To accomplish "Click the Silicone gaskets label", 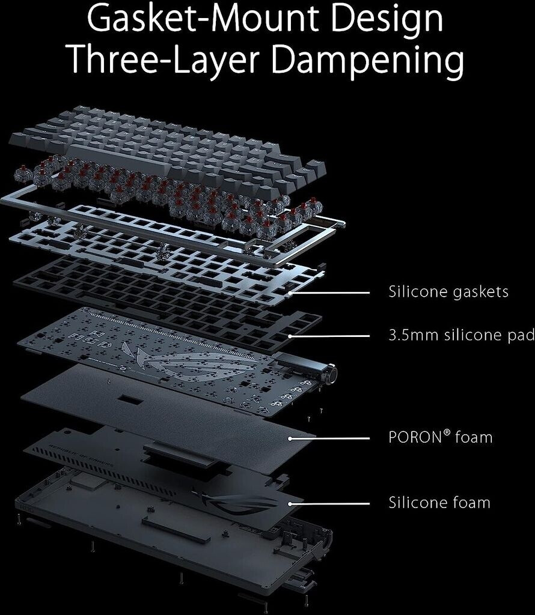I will tap(448, 292).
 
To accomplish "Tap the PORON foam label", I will tap(441, 437).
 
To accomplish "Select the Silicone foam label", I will tap(439, 502).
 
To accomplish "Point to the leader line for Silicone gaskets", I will tap(331, 293).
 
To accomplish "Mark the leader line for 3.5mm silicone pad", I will tap(331, 336).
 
